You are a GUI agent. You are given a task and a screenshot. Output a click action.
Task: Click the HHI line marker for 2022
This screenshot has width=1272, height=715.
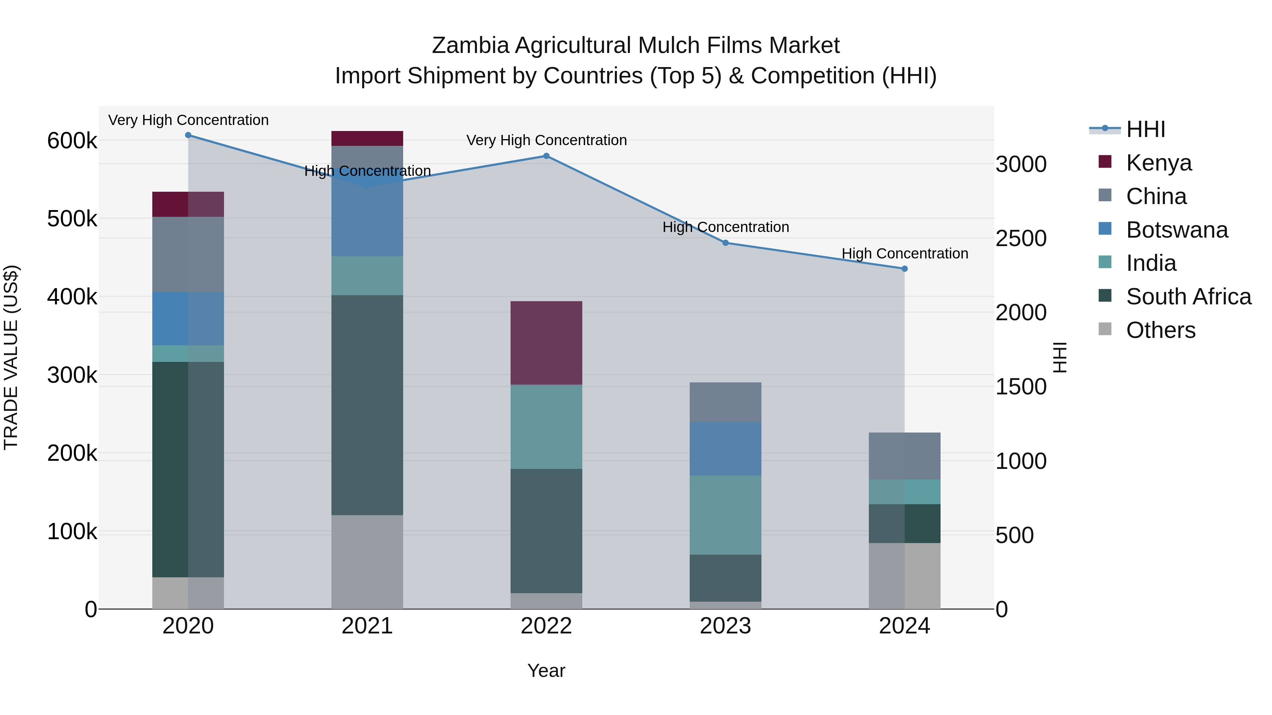pyautogui.click(x=546, y=156)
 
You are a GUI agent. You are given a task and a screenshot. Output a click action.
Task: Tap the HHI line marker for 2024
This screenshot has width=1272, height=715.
pyautogui.click(x=905, y=269)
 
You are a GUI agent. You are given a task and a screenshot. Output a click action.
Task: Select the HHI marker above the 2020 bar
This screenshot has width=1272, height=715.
pyautogui.click(x=188, y=135)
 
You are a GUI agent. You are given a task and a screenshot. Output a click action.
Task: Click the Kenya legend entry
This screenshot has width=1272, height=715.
pyautogui.click(x=1159, y=162)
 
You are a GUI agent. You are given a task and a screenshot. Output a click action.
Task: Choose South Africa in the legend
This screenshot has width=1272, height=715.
pyautogui.click(x=1188, y=297)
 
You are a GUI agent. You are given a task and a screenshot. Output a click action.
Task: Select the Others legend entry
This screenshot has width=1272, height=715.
pyautogui.click(x=1160, y=330)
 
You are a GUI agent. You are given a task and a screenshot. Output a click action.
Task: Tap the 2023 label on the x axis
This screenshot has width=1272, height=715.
pyautogui.click(x=725, y=626)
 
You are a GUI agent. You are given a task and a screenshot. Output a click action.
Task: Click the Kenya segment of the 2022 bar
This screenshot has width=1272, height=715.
pyautogui.click(x=546, y=343)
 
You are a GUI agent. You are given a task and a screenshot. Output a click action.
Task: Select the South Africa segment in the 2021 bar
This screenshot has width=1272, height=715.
pyautogui.click(x=367, y=405)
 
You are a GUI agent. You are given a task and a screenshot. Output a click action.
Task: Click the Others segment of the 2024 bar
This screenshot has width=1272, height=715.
pyautogui.click(x=905, y=576)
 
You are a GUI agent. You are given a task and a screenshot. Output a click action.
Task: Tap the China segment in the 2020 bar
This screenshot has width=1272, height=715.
pyautogui.click(x=188, y=254)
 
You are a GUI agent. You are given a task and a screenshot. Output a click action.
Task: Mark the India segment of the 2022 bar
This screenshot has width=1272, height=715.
pyautogui.click(x=546, y=427)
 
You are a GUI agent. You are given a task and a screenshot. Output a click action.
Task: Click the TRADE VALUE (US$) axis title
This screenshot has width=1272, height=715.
pyautogui.click(x=11, y=357)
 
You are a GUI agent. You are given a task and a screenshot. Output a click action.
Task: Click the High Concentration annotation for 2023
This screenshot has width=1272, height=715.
pyautogui.click(x=725, y=227)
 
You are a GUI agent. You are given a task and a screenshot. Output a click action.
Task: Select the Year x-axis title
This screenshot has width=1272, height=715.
pyautogui.click(x=546, y=671)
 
